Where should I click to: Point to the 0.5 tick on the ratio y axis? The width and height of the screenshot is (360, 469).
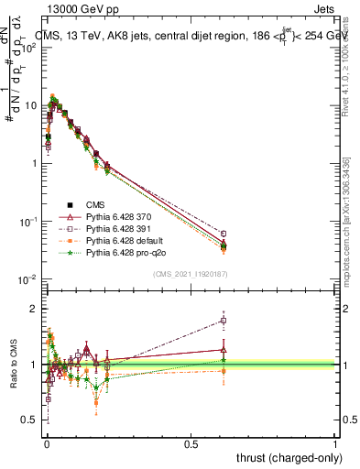[x=30, y=420]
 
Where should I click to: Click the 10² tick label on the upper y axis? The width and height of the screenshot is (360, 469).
[x=31, y=48]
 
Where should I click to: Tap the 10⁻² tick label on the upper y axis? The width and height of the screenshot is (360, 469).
[x=31, y=278]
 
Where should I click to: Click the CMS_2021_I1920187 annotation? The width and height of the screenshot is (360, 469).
[x=191, y=274]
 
